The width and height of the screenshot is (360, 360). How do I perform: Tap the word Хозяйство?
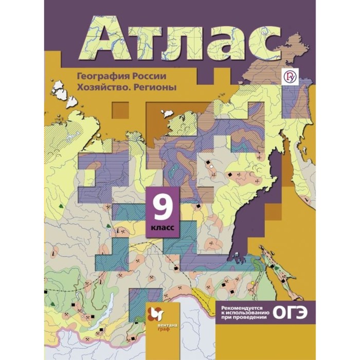point(97,87)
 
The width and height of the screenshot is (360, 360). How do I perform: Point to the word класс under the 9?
point(164,226)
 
